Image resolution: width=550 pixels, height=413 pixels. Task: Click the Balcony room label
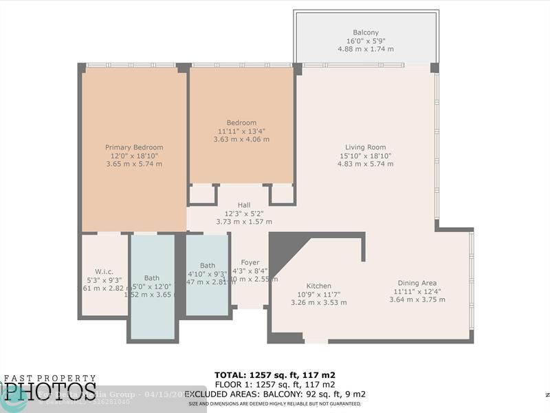point(366,32)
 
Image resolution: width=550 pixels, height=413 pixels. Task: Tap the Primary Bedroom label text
point(134,147)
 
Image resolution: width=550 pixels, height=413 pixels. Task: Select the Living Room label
point(365,147)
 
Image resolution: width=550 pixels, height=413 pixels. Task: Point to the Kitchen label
point(318,286)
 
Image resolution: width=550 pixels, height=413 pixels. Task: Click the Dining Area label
point(417,283)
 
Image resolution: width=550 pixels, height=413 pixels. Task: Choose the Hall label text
point(244,205)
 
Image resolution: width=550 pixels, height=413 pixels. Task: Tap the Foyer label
point(250,262)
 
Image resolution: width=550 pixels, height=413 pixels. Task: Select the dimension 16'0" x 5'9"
point(366,41)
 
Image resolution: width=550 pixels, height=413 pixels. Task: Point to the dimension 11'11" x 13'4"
point(241,131)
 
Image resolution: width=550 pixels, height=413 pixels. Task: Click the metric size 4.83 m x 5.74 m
point(365,164)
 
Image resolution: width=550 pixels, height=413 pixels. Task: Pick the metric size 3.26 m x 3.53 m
point(318,302)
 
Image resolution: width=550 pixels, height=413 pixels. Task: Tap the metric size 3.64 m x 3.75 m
point(417,299)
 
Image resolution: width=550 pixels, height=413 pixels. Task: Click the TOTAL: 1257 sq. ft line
point(275,375)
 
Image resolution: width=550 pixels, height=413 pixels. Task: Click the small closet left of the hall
point(202,194)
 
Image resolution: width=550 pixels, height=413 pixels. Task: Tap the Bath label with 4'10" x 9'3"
point(207,266)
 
